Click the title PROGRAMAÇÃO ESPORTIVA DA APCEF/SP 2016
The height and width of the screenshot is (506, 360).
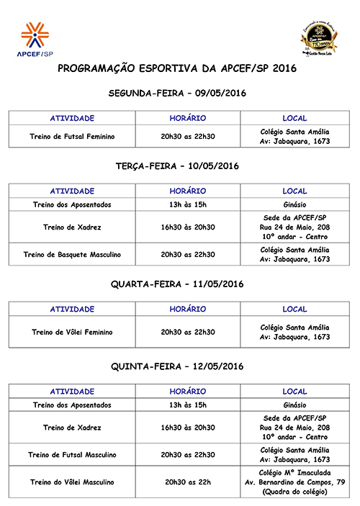(176, 69)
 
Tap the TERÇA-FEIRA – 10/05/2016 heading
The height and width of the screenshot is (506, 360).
(176, 166)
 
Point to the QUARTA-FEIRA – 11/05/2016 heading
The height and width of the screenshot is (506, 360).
(176, 284)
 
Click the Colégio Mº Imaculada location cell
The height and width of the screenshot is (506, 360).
(294, 482)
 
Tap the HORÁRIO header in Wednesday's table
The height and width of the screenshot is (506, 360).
(187, 309)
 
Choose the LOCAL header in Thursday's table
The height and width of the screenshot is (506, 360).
(294, 392)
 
